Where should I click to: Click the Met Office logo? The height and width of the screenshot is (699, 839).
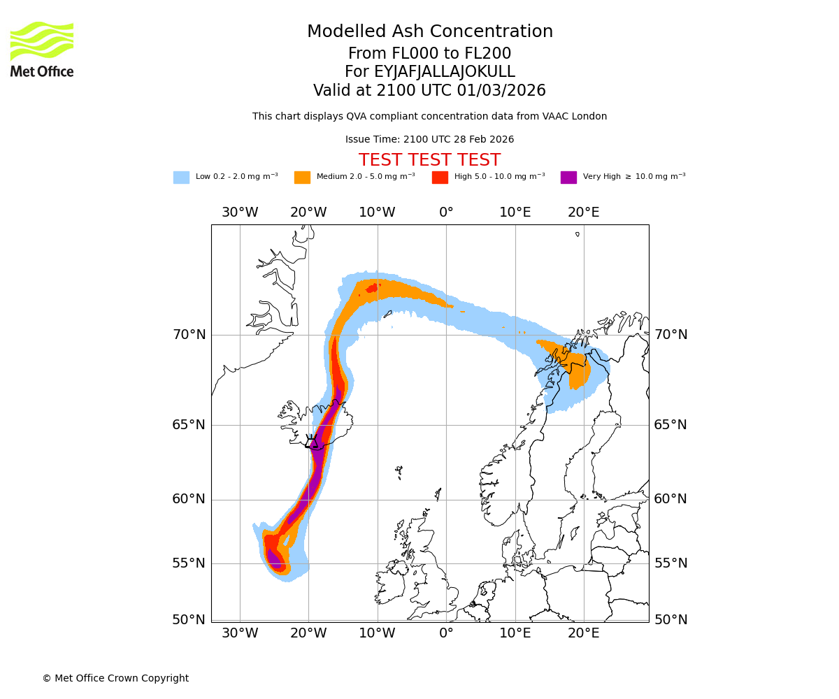(x=42, y=49)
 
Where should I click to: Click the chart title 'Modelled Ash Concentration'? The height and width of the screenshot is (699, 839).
(x=429, y=31)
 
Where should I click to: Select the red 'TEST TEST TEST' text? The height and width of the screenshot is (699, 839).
(x=429, y=160)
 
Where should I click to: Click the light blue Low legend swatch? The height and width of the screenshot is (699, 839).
(x=181, y=178)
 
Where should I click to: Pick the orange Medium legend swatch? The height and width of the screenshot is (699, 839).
(x=302, y=178)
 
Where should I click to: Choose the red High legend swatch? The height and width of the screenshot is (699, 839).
(x=440, y=178)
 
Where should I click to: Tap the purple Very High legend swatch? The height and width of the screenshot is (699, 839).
(x=568, y=178)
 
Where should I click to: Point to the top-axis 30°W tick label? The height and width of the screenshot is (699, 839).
(x=240, y=212)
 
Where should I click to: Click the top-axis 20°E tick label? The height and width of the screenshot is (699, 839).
(x=583, y=212)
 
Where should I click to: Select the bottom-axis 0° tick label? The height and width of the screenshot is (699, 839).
(x=446, y=633)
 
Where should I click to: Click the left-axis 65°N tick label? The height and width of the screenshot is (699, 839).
(x=189, y=425)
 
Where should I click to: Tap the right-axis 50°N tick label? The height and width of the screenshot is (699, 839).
(x=671, y=620)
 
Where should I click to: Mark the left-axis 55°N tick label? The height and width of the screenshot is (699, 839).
(x=189, y=563)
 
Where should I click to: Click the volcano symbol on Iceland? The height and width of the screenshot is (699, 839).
(x=312, y=442)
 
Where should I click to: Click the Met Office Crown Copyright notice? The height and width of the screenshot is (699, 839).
(x=115, y=678)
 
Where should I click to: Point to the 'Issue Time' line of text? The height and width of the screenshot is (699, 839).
(x=429, y=139)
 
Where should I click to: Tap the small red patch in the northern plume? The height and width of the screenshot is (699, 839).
(x=371, y=287)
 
